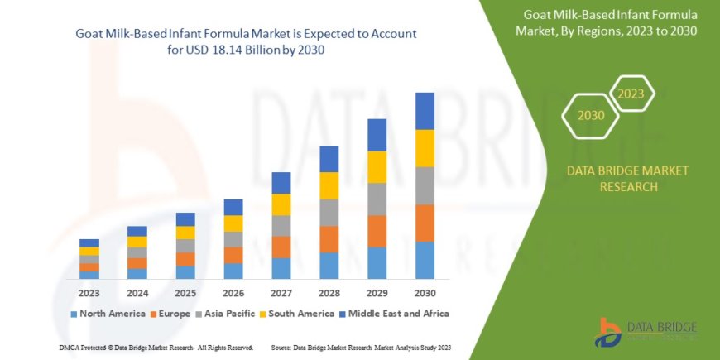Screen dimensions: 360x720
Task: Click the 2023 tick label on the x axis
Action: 89,292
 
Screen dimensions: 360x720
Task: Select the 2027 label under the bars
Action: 281,292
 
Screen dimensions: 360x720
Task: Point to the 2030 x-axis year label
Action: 425,292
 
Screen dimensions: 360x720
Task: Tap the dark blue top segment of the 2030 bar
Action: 425,111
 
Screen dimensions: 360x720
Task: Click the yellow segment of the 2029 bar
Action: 377,167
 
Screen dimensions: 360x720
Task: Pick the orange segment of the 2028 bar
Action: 329,239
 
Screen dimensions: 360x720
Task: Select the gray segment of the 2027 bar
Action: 281,226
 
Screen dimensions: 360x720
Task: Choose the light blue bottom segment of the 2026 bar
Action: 233,271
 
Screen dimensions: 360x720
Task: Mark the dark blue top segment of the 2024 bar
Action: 137,231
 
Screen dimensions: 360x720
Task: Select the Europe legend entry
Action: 170,314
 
